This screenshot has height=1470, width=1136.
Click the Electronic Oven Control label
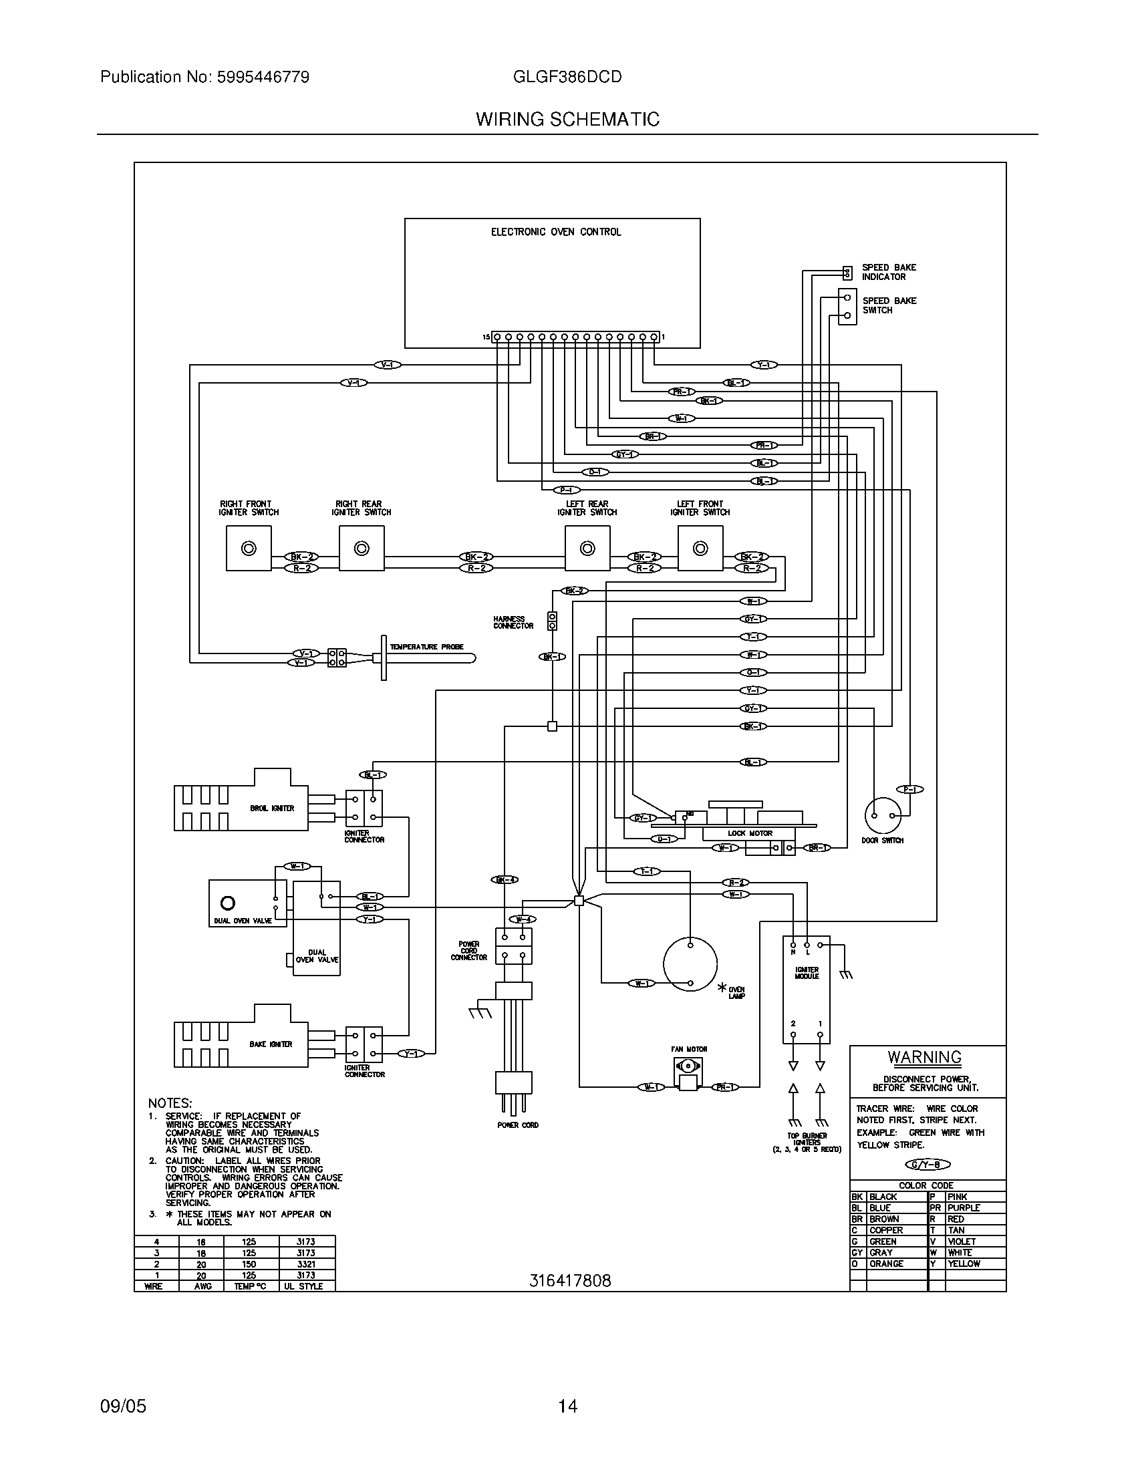coord(556,233)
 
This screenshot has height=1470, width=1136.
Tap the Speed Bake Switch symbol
coord(847,306)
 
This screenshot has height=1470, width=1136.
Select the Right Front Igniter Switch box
coord(249,549)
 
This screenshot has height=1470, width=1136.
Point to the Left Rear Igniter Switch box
coord(587,549)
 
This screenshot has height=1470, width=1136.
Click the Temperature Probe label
coord(427,647)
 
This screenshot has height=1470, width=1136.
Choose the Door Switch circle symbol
coord(883,815)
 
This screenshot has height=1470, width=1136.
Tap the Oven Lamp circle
coord(690,964)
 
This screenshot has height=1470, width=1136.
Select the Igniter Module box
coord(807,990)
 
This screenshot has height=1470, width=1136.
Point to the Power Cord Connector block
coord(513,946)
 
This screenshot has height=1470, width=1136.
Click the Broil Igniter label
coord(272,808)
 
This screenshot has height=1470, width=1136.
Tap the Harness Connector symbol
coord(552,621)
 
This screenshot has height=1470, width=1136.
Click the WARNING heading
coord(925,1058)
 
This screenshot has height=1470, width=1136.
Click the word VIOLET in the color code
coord(962,1241)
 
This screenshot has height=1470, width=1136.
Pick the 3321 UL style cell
coord(305,1264)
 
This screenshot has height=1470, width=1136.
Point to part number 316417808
coord(570,1281)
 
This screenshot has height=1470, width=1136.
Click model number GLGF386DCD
coord(567,77)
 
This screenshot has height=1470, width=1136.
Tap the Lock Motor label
coord(750,833)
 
